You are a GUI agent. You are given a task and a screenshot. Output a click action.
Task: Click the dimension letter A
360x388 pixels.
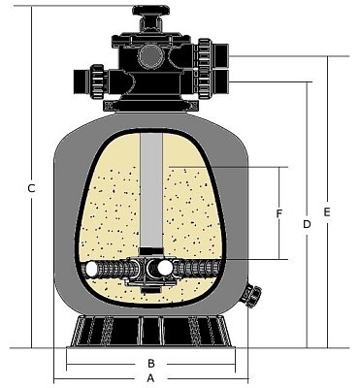[x=151, y=379]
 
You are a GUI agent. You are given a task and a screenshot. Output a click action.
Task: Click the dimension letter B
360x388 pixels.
[x=151, y=364]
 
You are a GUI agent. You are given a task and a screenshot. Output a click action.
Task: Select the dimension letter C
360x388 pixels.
[x=32, y=188]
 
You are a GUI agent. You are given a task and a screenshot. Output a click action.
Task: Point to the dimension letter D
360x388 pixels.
[x=306, y=224]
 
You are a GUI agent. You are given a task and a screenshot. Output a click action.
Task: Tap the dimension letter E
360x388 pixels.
[x=327, y=210]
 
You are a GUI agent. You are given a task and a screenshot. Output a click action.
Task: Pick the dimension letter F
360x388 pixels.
[x=278, y=212]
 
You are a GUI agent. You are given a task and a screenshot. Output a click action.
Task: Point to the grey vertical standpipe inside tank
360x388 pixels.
[x=153, y=194]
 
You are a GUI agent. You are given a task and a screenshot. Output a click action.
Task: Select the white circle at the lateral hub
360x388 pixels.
[x=165, y=267]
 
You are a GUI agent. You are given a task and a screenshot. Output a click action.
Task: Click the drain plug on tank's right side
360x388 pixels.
[x=254, y=292]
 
